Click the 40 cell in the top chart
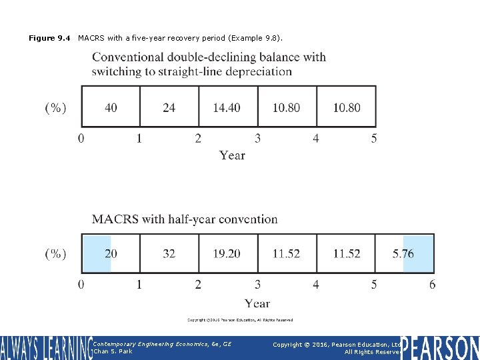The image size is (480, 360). (x=111, y=107)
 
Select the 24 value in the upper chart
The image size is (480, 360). (x=169, y=107)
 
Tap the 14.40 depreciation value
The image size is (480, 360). (x=227, y=107)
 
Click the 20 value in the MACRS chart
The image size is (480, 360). (x=111, y=254)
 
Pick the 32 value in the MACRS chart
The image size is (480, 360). (x=169, y=254)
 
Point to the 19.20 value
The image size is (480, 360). (x=227, y=254)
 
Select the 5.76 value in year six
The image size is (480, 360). (x=403, y=254)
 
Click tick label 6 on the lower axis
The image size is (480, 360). (x=432, y=285)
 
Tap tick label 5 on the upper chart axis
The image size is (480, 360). (x=374, y=139)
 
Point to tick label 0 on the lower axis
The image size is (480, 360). (x=81, y=285)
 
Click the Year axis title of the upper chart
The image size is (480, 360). (x=232, y=155)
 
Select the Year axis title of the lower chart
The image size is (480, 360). (x=257, y=303)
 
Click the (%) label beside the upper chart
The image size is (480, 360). (x=55, y=108)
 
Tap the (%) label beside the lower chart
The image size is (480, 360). (x=55, y=254)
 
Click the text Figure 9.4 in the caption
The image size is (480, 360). (x=49, y=38)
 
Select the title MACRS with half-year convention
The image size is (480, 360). (x=185, y=219)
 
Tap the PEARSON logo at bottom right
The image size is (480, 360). (x=440, y=347)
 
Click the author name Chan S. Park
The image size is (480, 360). (x=113, y=351)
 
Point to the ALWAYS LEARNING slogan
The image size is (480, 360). (x=45, y=347)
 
